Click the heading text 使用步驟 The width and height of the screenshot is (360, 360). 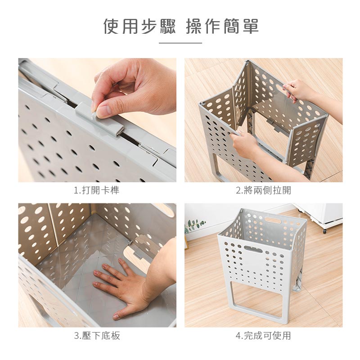pyautogui.click(x=139, y=26)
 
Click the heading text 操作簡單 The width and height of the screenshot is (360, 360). pyautogui.click(x=222, y=26)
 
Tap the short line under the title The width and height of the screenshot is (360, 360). pyautogui.click(x=180, y=43)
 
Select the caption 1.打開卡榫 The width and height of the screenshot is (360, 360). pyautogui.click(x=97, y=190)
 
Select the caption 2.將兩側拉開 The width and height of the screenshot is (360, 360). pyautogui.click(x=264, y=190)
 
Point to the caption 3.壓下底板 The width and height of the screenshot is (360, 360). pyautogui.click(x=97, y=336)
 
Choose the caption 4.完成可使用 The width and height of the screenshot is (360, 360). pyautogui.click(x=263, y=336)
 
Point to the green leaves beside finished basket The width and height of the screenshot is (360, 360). pyautogui.click(x=195, y=225)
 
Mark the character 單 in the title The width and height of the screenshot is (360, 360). pyautogui.click(x=251, y=26)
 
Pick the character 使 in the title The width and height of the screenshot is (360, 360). pyautogui.click(x=112, y=26)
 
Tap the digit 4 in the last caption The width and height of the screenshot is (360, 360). pyautogui.click(x=238, y=336)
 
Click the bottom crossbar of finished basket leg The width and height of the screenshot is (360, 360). pyautogui.click(x=258, y=320)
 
